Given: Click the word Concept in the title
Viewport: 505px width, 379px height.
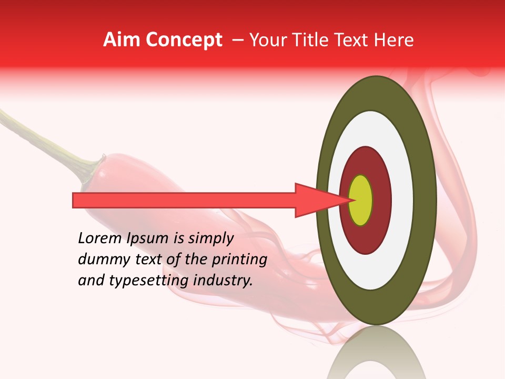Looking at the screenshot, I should coord(184,40).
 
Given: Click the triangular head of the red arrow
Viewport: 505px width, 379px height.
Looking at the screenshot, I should coord(316,200).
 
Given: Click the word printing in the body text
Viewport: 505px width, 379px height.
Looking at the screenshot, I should coord(243,260).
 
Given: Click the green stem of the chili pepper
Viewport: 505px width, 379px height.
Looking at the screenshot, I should coord(47,142).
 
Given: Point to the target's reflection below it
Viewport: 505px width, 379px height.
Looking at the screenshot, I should coord(376,353).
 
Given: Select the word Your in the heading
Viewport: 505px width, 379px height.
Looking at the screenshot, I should coord(267,40).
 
